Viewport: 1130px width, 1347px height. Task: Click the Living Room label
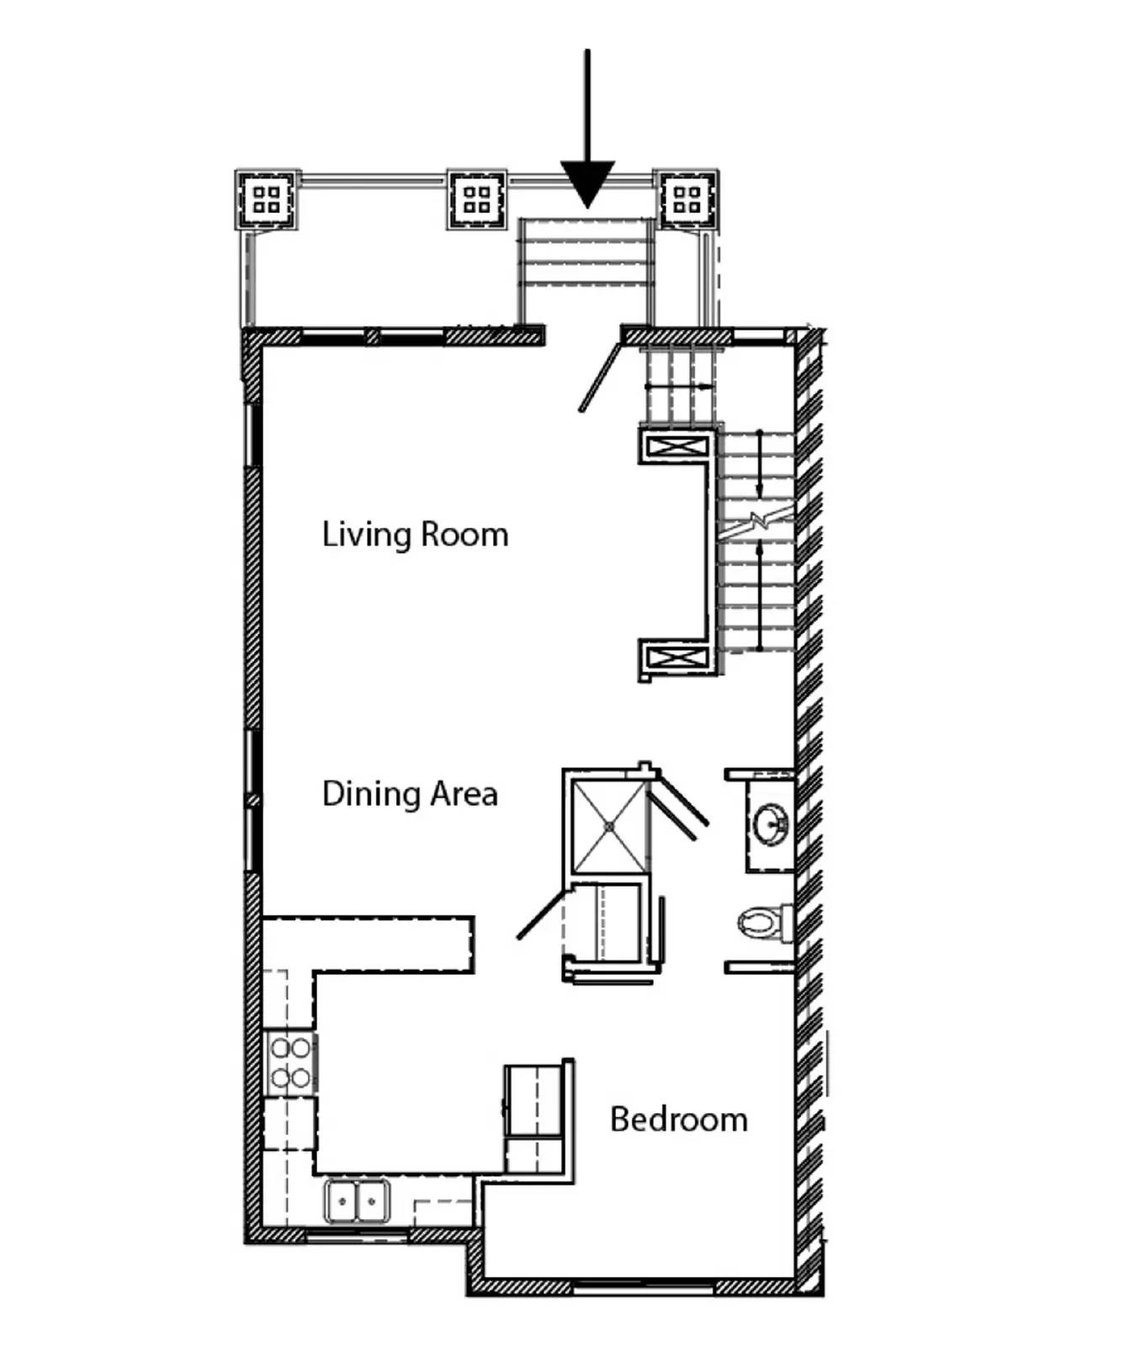(415, 535)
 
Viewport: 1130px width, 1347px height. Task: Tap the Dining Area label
(410, 794)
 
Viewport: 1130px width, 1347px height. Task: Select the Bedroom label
(679, 1120)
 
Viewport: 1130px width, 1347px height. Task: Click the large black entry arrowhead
(587, 184)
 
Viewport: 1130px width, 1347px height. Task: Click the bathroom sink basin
(771, 823)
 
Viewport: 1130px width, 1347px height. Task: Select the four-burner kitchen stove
(290, 1062)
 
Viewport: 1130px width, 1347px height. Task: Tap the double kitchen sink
(358, 1201)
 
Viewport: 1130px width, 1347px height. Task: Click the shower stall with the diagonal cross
(608, 827)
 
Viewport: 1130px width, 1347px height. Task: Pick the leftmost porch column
(267, 200)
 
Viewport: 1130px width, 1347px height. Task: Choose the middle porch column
(476, 200)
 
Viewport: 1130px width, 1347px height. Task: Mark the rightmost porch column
(687, 200)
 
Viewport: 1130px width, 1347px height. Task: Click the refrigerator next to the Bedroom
(533, 1116)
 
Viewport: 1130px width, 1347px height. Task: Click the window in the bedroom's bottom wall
(644, 1287)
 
